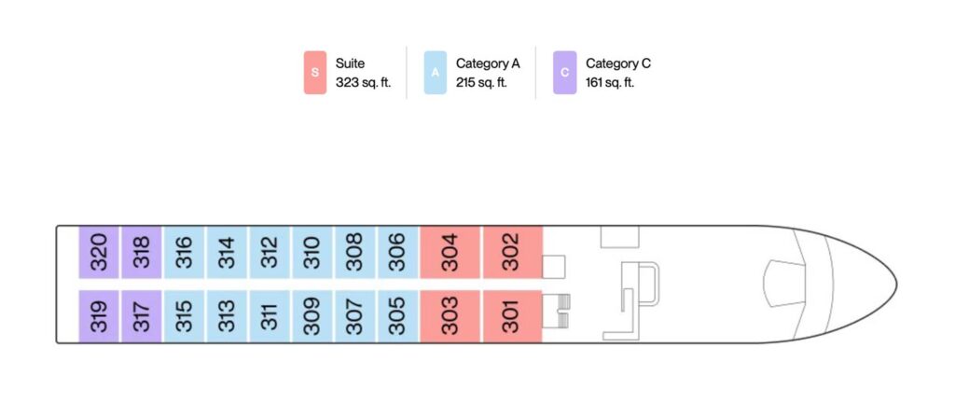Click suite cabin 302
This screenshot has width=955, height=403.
coord(512,252)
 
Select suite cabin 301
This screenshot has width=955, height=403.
coord(512,316)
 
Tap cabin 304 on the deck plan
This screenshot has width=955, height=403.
coord(450,252)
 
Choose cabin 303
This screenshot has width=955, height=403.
coord(450,316)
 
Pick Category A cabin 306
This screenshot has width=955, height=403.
coord(398,252)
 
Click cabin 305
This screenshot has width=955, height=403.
coord(398,316)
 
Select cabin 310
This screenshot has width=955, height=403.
coord(312,252)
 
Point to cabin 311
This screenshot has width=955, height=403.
coord(270,316)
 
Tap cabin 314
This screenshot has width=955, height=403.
coord(227,252)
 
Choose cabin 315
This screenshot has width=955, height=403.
coord(184,316)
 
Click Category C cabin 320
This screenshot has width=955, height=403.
coord(98,252)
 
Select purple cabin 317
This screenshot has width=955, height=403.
coord(141,316)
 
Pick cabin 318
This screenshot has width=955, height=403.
coord(141,252)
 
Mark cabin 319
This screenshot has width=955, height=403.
coord(98,316)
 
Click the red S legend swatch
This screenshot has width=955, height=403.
coord(315,73)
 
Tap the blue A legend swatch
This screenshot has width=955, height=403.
coord(435,73)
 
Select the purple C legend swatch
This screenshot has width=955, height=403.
coord(564,73)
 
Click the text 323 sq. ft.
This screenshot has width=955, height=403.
coord(363,83)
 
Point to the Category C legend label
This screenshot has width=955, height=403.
coord(617,63)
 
